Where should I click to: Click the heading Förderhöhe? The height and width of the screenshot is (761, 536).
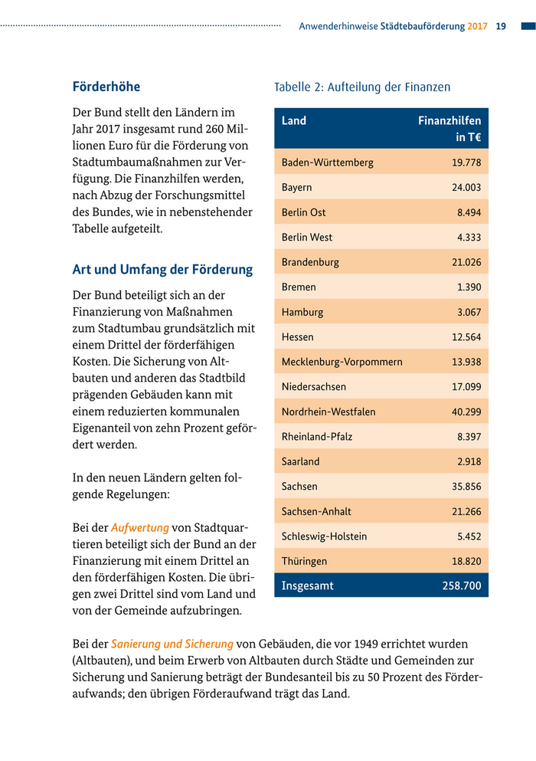coord(106,87)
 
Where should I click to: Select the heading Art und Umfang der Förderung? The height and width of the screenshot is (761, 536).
coord(162,270)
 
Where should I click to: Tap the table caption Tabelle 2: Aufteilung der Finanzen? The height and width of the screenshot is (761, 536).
coord(362,87)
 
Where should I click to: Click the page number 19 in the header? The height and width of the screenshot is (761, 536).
coord(502,26)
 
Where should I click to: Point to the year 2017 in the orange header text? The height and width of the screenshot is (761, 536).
coord(477,26)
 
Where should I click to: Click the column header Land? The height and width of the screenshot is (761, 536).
coord(294,120)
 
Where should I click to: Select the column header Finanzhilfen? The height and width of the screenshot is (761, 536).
coord(449,120)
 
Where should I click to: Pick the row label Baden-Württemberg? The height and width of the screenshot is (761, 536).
coord(328,162)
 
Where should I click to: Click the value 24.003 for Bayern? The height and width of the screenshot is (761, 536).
coord(466,188)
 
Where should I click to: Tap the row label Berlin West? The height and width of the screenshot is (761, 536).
coord(307,238)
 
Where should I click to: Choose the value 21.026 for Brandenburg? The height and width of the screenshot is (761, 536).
coord(466,262)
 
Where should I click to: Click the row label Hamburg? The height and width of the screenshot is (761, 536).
coord(302,312)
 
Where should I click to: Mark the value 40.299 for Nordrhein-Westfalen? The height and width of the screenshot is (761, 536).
coord(466,412)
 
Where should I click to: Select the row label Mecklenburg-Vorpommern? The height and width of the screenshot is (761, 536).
coord(342,362)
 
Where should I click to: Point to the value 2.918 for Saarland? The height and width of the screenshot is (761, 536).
coord(469,461)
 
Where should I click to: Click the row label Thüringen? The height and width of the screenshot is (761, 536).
coord(304,561)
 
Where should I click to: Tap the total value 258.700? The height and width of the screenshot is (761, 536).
coord(462,586)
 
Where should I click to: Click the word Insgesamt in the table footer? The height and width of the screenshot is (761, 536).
coord(308,586)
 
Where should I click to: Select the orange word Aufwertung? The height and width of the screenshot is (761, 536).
coord(139,528)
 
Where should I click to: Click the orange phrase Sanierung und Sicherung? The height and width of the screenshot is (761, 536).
coord(172,644)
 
